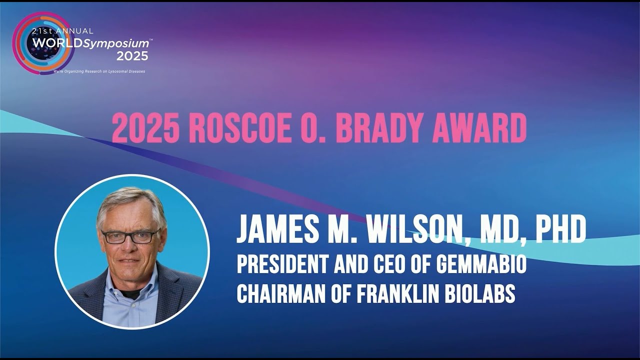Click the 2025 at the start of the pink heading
click(145, 128)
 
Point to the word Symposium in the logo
click(116, 43)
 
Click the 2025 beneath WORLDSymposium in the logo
click(129, 56)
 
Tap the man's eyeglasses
click(131, 236)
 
